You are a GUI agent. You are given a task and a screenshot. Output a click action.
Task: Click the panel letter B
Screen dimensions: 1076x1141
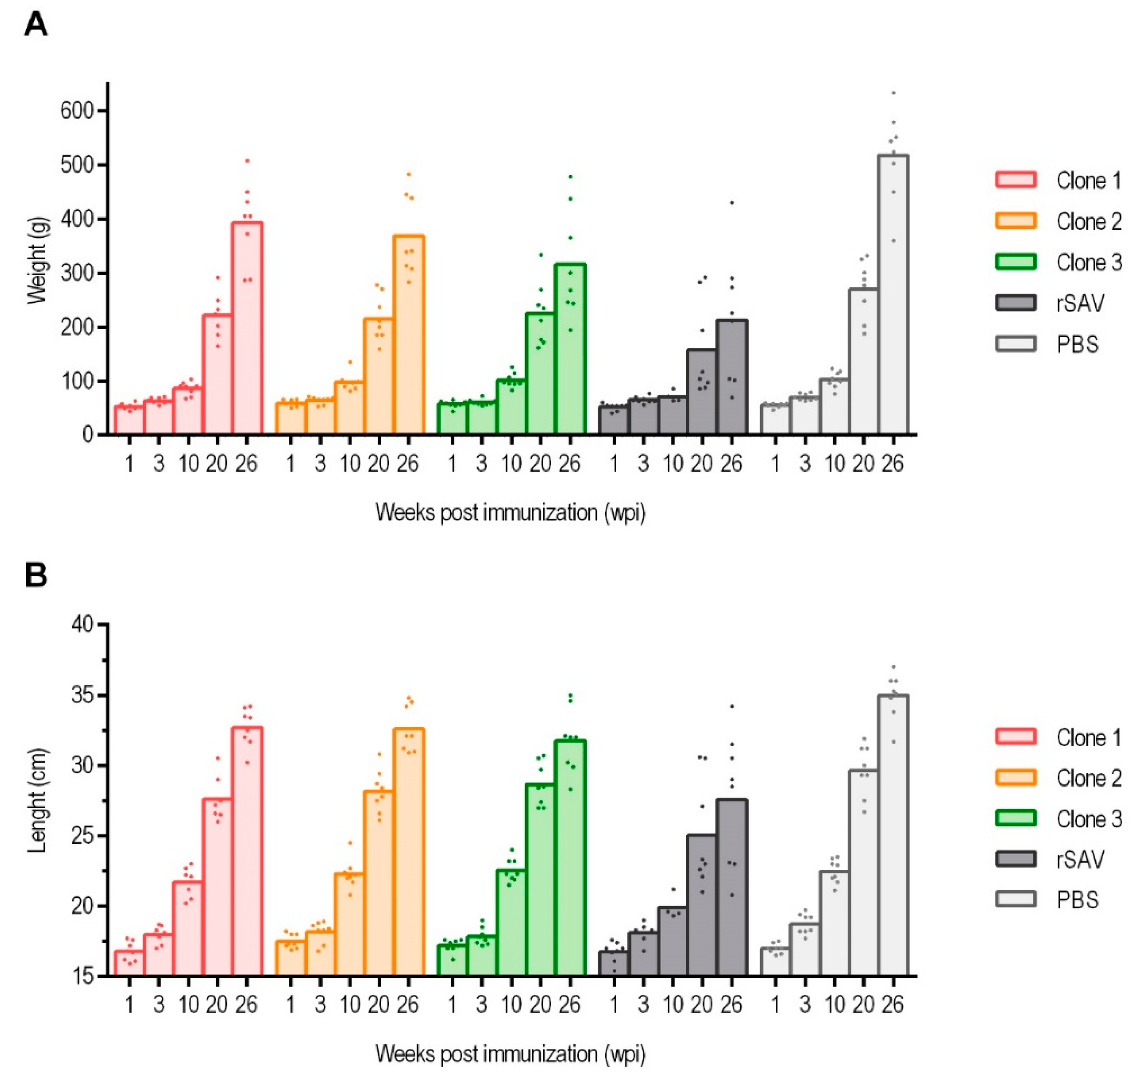coord(35,576)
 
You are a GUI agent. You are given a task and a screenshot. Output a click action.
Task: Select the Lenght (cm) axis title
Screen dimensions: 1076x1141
coord(38,801)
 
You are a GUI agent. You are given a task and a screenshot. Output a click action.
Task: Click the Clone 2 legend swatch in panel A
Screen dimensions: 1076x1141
coord(1015,221)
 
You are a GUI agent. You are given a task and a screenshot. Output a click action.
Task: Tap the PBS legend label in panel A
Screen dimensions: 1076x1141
coord(1077,344)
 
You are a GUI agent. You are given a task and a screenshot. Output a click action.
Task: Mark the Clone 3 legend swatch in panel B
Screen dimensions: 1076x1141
coord(1015,818)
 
